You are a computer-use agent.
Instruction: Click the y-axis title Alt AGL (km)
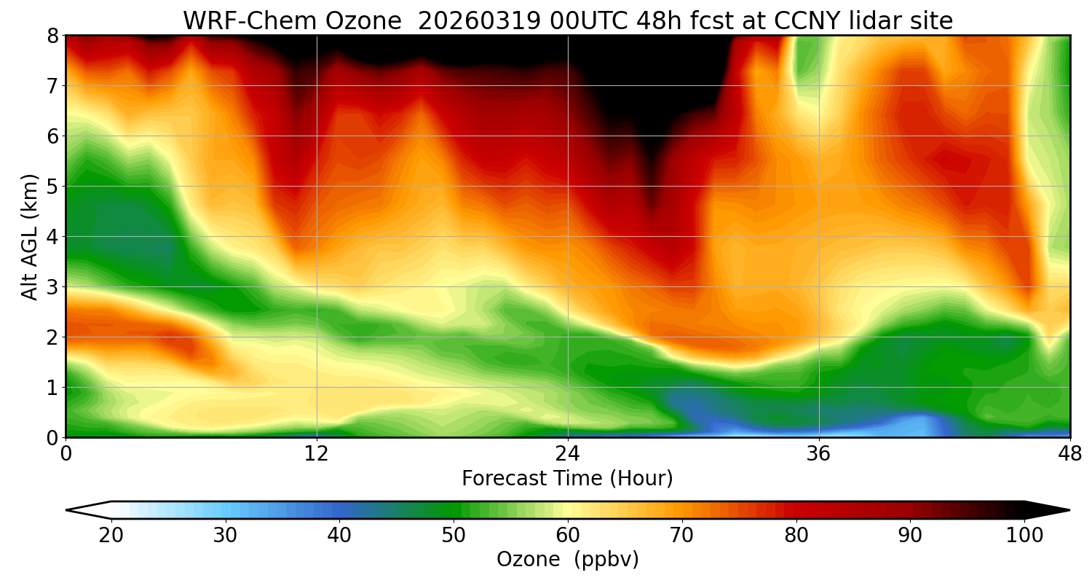30,237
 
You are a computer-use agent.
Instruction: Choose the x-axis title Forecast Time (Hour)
567,479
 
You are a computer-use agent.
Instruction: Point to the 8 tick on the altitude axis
52,36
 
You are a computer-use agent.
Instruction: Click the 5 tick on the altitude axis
52,187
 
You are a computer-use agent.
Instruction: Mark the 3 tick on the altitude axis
52,287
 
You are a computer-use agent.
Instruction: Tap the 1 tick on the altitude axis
52,388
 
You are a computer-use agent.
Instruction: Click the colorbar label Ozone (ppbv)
567,560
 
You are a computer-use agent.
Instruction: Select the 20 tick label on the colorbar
111,536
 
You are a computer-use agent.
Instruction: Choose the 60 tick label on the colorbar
568,536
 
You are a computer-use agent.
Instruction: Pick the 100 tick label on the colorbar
1024,536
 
